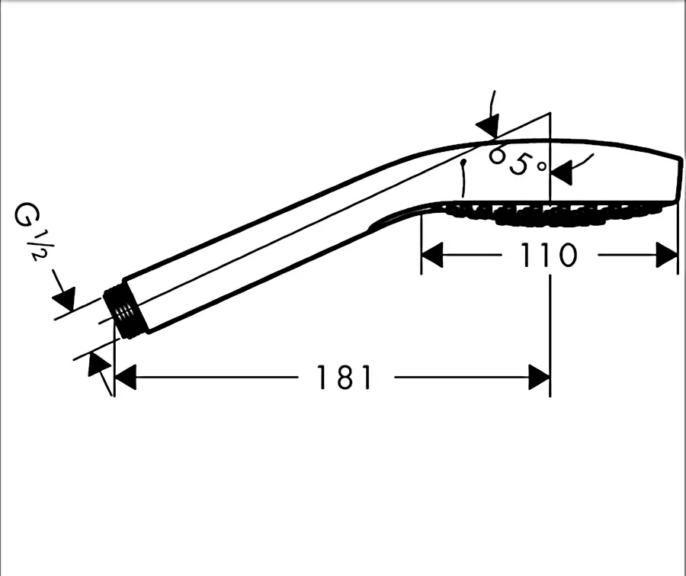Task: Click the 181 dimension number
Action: pos(344,377)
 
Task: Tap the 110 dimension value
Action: pos(549,256)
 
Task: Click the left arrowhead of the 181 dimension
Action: pos(125,377)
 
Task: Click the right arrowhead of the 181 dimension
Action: pos(539,377)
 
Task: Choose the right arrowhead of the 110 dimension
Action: pos(667,256)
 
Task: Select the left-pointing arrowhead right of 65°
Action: pos(561,172)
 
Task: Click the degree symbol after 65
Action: pos(542,166)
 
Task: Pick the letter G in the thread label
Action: pos(25,214)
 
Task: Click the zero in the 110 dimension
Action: pos(568,256)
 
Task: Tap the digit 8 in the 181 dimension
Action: pos(345,377)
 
